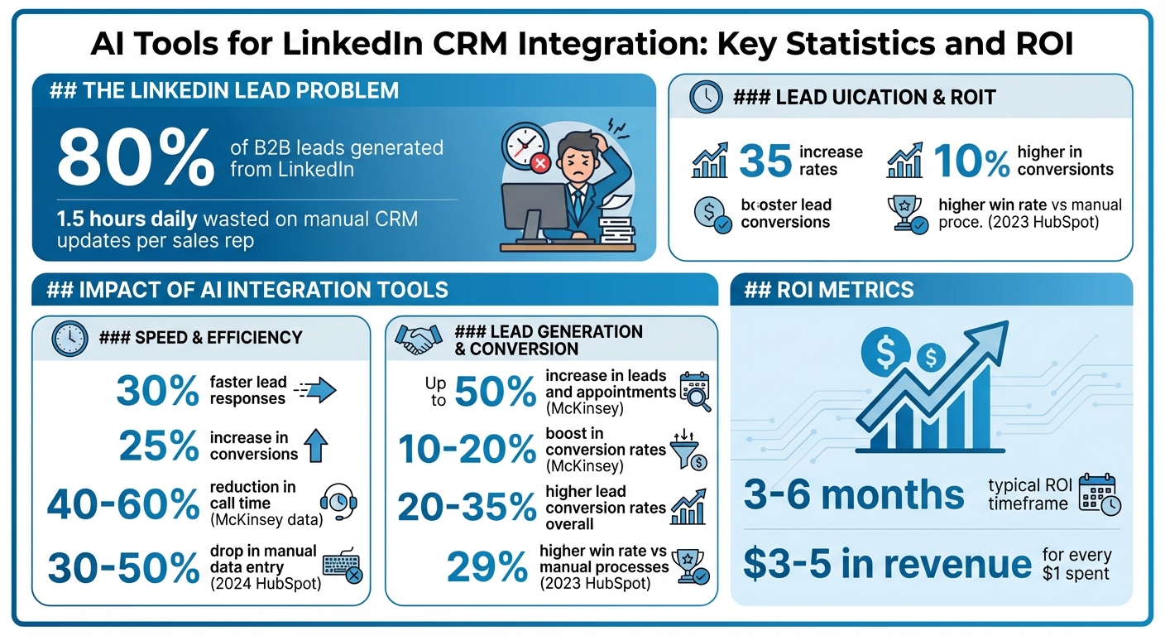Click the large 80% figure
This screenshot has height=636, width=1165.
tap(136, 158)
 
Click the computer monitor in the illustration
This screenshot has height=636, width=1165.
tap(534, 210)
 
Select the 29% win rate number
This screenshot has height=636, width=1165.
tap(487, 567)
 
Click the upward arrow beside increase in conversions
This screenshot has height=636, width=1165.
tap(316, 446)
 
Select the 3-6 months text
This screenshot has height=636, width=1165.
tap(854, 494)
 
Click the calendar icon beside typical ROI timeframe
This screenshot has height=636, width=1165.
tap(1099, 494)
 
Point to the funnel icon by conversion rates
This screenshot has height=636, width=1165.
tap(690, 449)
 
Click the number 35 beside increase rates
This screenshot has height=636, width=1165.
tap(765, 161)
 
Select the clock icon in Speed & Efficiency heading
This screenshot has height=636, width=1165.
tap(70, 337)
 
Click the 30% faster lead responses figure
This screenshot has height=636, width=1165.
tap(157, 391)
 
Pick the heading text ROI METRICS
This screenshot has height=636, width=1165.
tap(830, 290)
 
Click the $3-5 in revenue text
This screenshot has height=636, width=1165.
tap(887, 564)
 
